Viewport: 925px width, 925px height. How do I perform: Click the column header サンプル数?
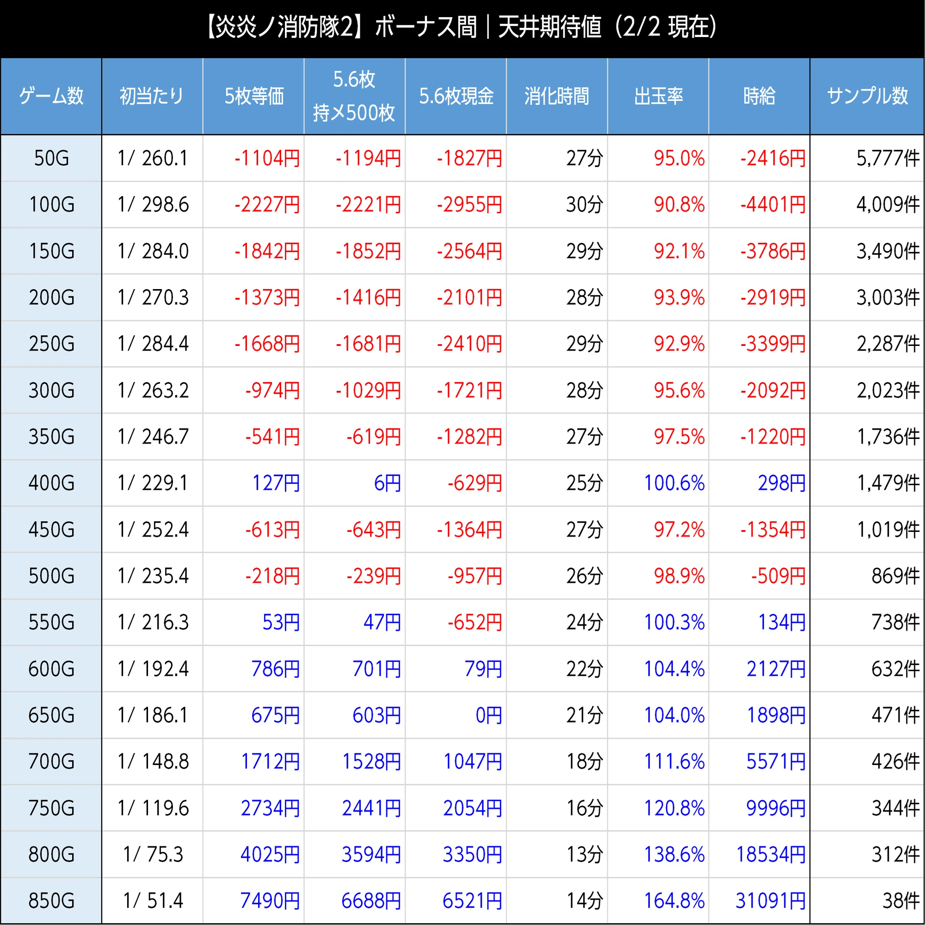(x=867, y=96)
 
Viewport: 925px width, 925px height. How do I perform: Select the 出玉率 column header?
(x=658, y=96)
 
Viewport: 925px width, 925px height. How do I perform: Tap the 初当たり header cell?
(x=152, y=96)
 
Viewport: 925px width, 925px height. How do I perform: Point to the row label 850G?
(x=51, y=900)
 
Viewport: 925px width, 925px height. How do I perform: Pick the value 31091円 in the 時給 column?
(x=771, y=900)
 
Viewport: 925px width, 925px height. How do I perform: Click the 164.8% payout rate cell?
(x=674, y=900)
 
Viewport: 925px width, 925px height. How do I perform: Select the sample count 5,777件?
(x=888, y=159)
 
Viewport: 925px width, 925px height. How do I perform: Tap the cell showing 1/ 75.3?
(x=153, y=854)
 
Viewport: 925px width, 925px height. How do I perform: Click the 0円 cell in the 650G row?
(x=489, y=715)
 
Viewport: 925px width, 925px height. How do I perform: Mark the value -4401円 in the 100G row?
(x=773, y=205)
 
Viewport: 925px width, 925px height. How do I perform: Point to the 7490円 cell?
(x=270, y=900)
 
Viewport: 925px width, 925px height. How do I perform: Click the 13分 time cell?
(x=585, y=854)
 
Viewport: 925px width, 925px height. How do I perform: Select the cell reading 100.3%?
(x=674, y=623)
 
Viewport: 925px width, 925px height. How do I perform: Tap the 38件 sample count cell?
(x=901, y=900)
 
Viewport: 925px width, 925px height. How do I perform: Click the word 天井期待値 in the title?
(x=549, y=27)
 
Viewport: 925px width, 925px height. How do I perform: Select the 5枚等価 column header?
(x=254, y=96)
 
